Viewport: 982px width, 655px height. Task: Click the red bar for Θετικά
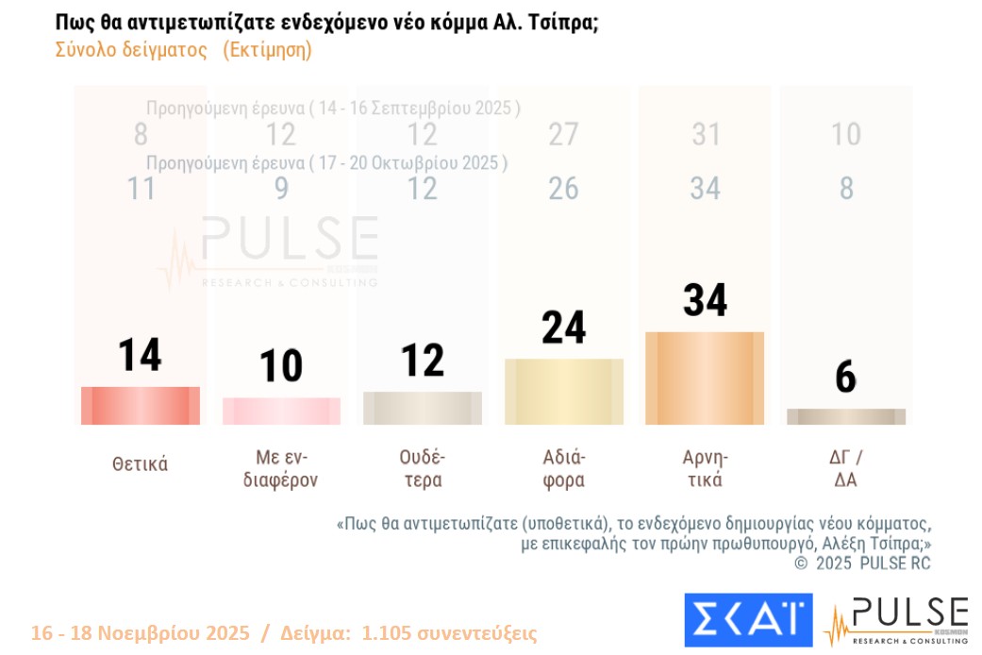[x=141, y=406]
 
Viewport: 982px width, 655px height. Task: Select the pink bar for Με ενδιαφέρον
[x=281, y=411]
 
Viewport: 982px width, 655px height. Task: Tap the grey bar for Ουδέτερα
[x=422, y=408]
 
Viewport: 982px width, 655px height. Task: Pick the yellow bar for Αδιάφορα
[x=563, y=392]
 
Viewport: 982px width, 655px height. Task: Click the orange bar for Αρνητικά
[x=705, y=378]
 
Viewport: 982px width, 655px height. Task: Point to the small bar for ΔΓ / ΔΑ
[x=845, y=416]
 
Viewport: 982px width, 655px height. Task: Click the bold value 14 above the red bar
[x=140, y=356]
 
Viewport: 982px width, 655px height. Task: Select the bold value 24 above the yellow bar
[x=563, y=327]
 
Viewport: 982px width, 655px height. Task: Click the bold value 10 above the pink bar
[x=281, y=366]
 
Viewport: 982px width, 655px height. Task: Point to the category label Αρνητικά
[x=705, y=468]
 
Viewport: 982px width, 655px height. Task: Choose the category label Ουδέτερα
[x=422, y=468]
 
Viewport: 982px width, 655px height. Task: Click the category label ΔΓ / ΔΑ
[x=845, y=468]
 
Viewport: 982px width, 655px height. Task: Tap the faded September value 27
[x=563, y=135]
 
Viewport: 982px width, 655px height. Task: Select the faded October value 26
[x=563, y=189]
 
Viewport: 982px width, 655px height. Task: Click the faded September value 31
[x=706, y=135]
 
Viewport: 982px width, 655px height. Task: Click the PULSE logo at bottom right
[x=895, y=620]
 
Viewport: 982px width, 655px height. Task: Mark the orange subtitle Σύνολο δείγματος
[x=131, y=51]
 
